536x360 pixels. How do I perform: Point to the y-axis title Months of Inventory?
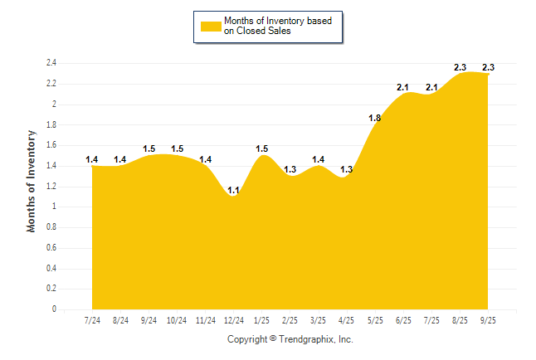point(32,180)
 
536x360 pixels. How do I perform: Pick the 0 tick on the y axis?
point(54,309)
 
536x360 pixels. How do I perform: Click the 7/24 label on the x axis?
point(93,320)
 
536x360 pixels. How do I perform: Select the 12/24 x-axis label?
point(233,320)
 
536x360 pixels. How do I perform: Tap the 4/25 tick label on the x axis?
point(348,320)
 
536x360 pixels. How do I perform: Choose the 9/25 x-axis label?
point(489,320)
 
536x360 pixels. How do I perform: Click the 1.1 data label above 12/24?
point(233,190)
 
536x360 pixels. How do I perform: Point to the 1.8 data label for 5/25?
point(375,118)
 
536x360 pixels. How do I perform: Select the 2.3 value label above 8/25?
point(460,67)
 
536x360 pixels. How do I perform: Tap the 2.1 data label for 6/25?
point(403,87)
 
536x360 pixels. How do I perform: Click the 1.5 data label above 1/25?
point(262,148)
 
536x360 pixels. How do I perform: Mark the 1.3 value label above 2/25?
point(290,169)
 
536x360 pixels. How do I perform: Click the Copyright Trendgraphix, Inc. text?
point(290,340)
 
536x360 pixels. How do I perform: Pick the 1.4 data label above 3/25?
point(319,158)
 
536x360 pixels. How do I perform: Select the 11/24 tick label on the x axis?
point(205,320)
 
